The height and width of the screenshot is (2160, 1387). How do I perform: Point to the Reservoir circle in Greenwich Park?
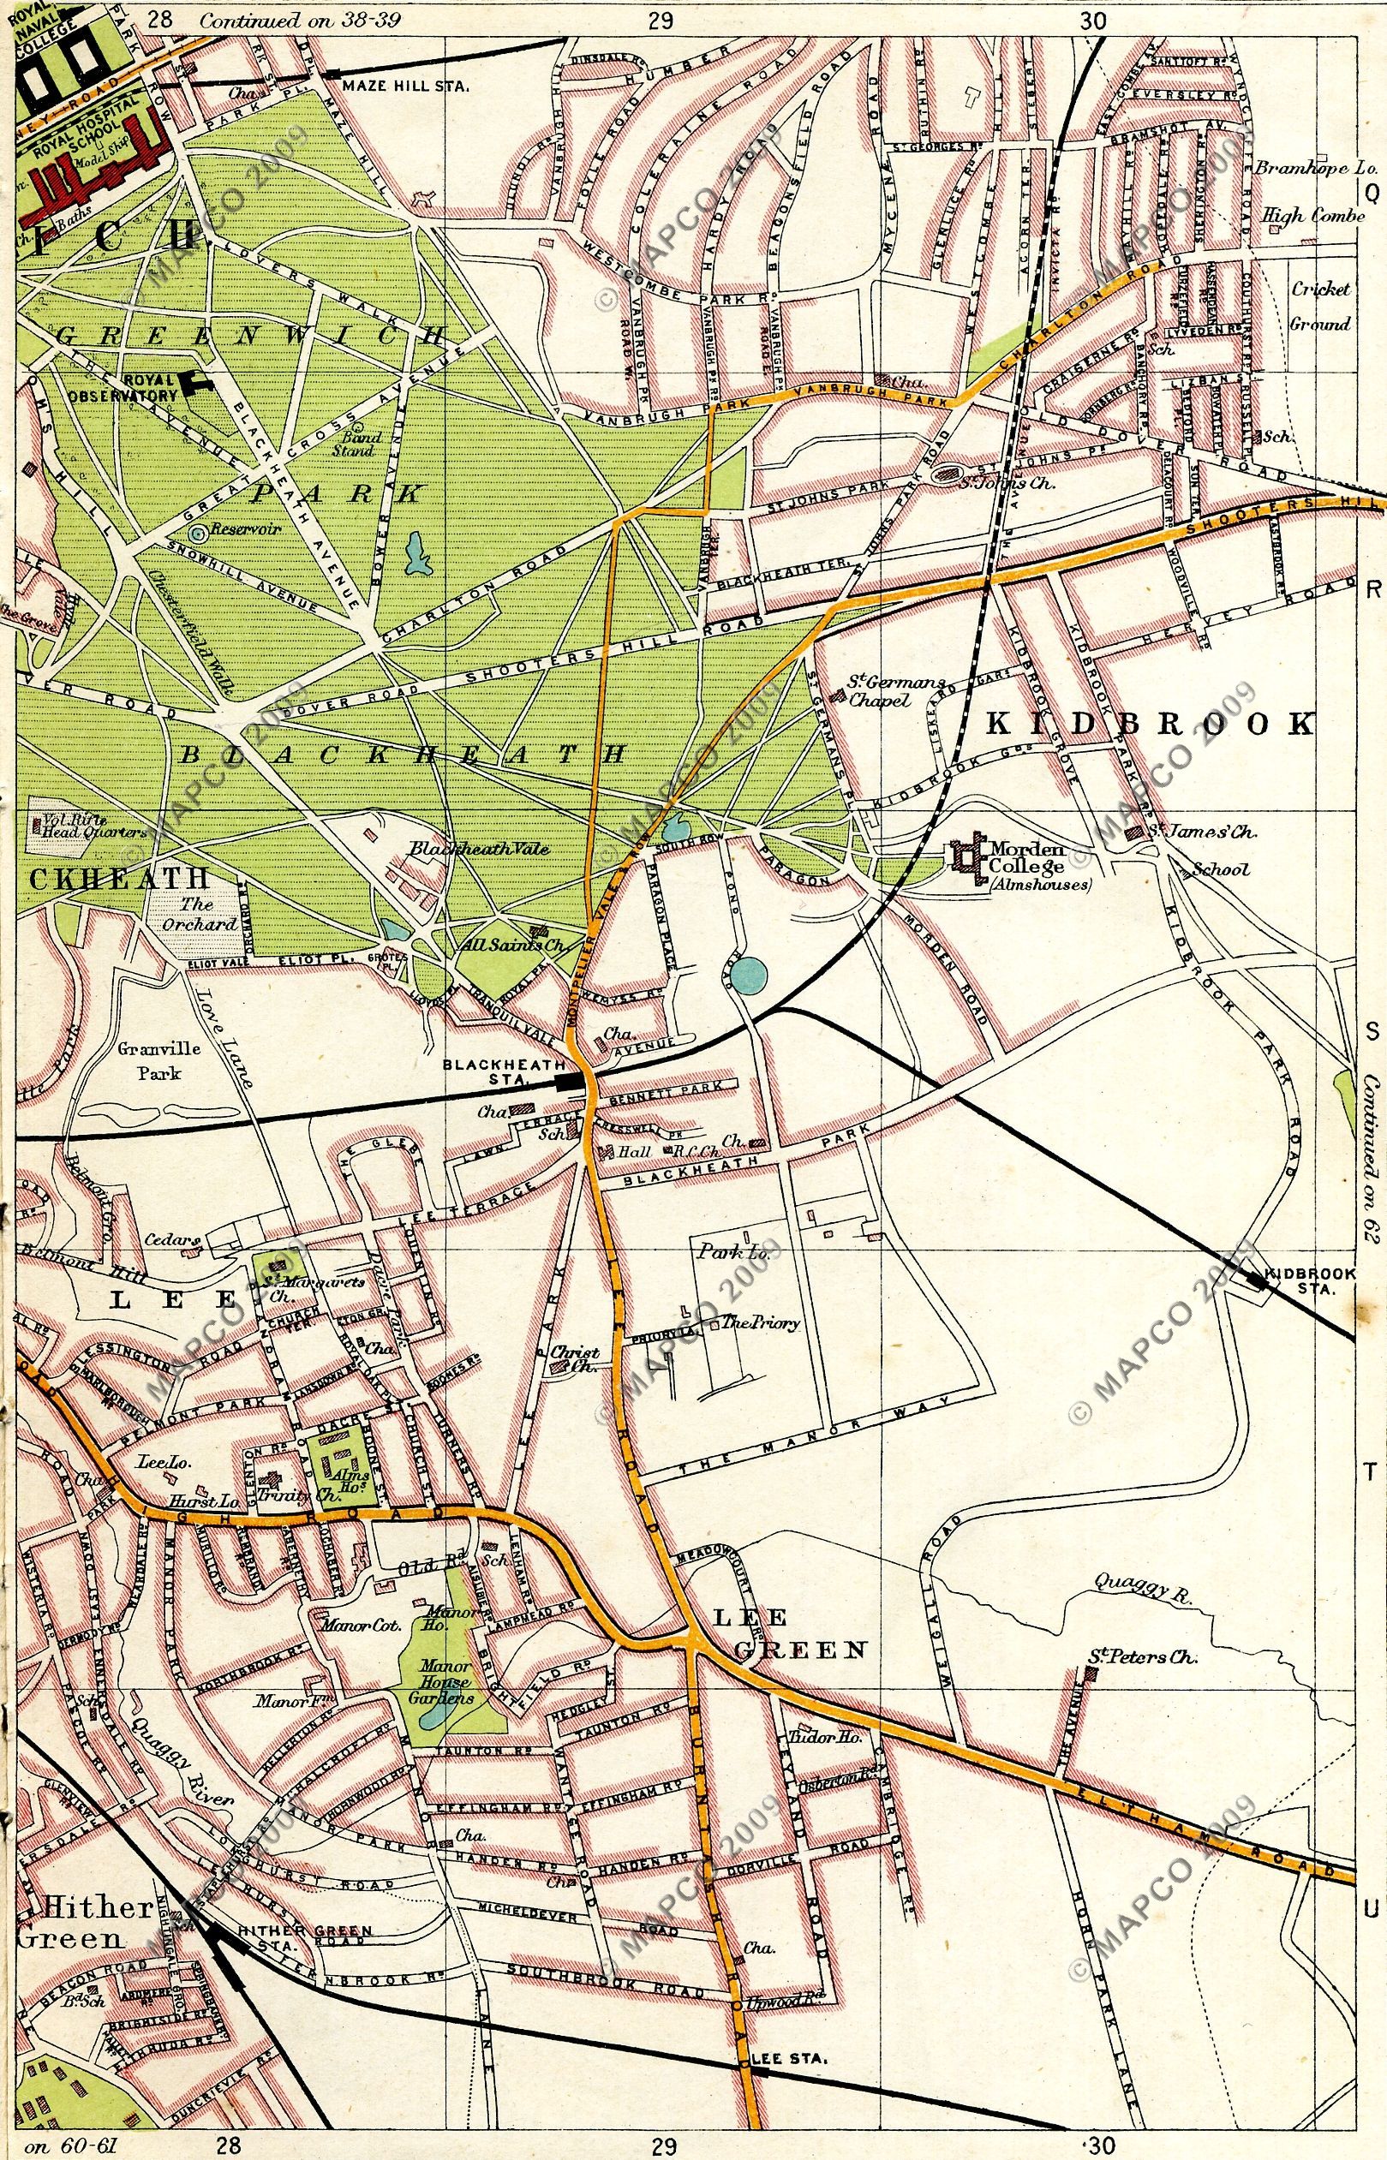pos(199,532)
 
